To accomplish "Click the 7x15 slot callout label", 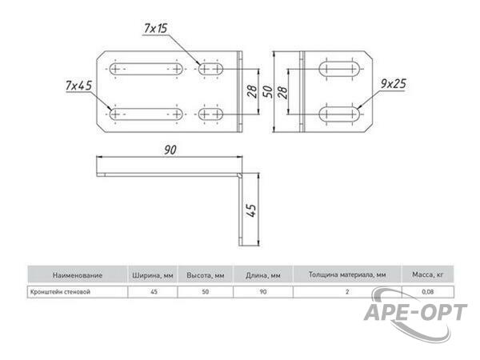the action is (155, 29).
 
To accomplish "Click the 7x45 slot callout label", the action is (78, 86).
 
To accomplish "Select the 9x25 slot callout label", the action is (394, 83).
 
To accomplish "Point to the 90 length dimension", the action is (170, 150).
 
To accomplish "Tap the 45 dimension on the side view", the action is (252, 210).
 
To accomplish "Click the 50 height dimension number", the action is (268, 91).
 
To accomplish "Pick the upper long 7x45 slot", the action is (146, 69).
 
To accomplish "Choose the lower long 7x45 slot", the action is (146, 114).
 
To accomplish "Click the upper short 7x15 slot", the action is (210, 69).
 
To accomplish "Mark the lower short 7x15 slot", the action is (210, 114).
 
